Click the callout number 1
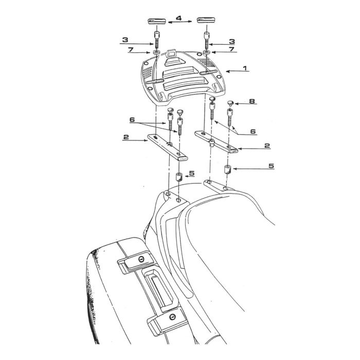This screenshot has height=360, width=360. click(245, 68)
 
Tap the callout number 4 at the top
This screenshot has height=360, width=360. click(179, 18)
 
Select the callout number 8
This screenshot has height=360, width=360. click(252, 101)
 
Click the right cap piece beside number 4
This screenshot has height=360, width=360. click(206, 20)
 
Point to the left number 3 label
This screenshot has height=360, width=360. click(125, 40)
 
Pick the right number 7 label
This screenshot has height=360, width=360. click(231, 49)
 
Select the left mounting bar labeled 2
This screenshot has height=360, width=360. click(167, 148)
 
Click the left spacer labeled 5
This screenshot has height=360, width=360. click(179, 177)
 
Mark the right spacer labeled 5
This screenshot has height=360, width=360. click(227, 169)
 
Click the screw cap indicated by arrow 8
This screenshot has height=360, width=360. click(230, 103)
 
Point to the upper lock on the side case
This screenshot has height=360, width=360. click(141, 259)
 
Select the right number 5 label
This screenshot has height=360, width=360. click(272, 166)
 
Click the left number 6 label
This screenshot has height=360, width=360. click(132, 120)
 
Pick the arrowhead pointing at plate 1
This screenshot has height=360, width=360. click(228, 71)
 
